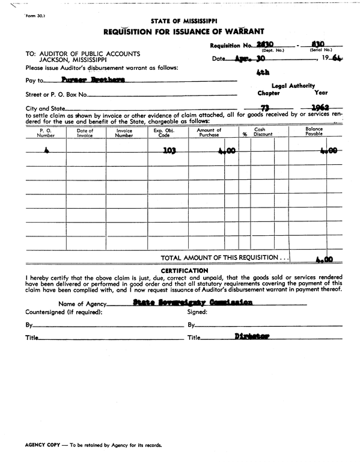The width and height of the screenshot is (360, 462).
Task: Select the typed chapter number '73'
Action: [x=263, y=107]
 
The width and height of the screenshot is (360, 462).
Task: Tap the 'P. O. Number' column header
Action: [x=46, y=133]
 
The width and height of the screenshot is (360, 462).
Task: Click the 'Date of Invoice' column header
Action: [x=85, y=133]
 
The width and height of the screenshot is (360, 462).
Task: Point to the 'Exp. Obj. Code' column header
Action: [x=162, y=133]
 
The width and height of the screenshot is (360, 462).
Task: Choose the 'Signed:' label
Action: [x=197, y=312]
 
